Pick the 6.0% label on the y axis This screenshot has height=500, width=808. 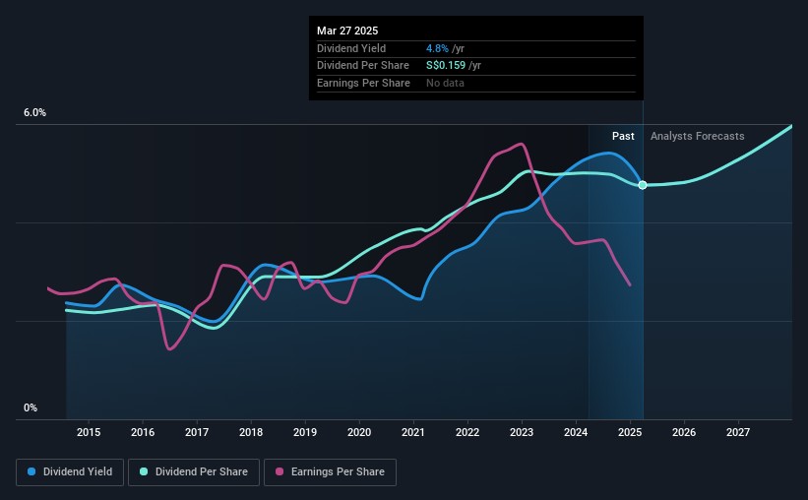pyautogui.click(x=34, y=113)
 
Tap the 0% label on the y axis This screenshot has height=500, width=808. pyautogui.click(x=30, y=407)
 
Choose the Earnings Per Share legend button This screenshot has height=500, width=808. pyautogui.click(x=330, y=472)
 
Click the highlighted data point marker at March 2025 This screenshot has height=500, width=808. pyautogui.click(x=643, y=185)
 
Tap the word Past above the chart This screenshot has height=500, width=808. pyautogui.click(x=623, y=136)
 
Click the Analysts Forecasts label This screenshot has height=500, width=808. pyautogui.click(x=697, y=136)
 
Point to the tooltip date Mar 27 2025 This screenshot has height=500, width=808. pyautogui.click(x=347, y=30)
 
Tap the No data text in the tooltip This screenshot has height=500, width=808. pyautogui.click(x=445, y=83)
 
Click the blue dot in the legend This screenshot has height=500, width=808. pyautogui.click(x=31, y=472)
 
